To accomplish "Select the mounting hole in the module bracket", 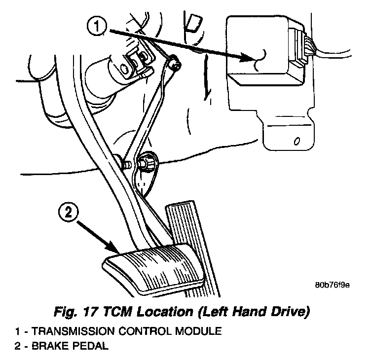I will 295,142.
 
